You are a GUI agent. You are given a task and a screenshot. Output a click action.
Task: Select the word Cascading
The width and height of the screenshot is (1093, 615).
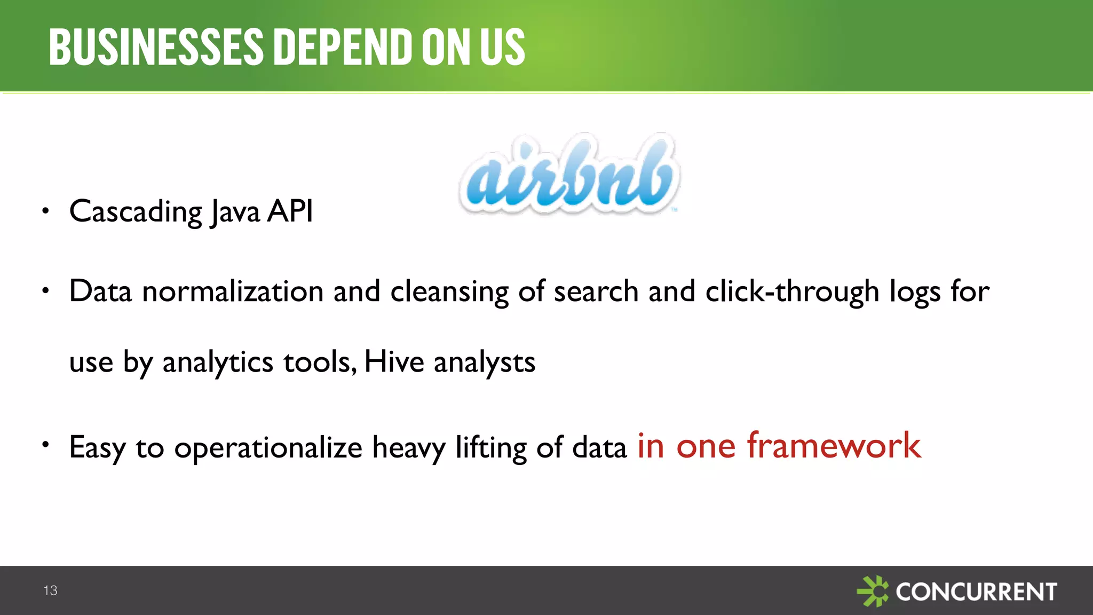136,212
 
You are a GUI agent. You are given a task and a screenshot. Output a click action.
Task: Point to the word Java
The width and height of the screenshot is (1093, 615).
235,212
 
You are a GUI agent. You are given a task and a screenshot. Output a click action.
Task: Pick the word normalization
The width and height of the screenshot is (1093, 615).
233,291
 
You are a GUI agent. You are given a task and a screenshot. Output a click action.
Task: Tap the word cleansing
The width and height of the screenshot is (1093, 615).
449,293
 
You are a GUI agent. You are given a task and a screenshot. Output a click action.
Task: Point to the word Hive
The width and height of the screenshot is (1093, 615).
394,361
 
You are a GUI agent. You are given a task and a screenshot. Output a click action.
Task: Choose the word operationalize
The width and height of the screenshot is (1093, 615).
268,448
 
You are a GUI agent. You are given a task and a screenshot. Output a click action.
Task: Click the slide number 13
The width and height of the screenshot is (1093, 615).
50,590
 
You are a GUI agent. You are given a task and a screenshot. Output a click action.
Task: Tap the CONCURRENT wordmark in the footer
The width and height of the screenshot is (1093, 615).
976,592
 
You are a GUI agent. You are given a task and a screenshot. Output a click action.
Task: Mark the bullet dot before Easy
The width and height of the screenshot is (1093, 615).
46,444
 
